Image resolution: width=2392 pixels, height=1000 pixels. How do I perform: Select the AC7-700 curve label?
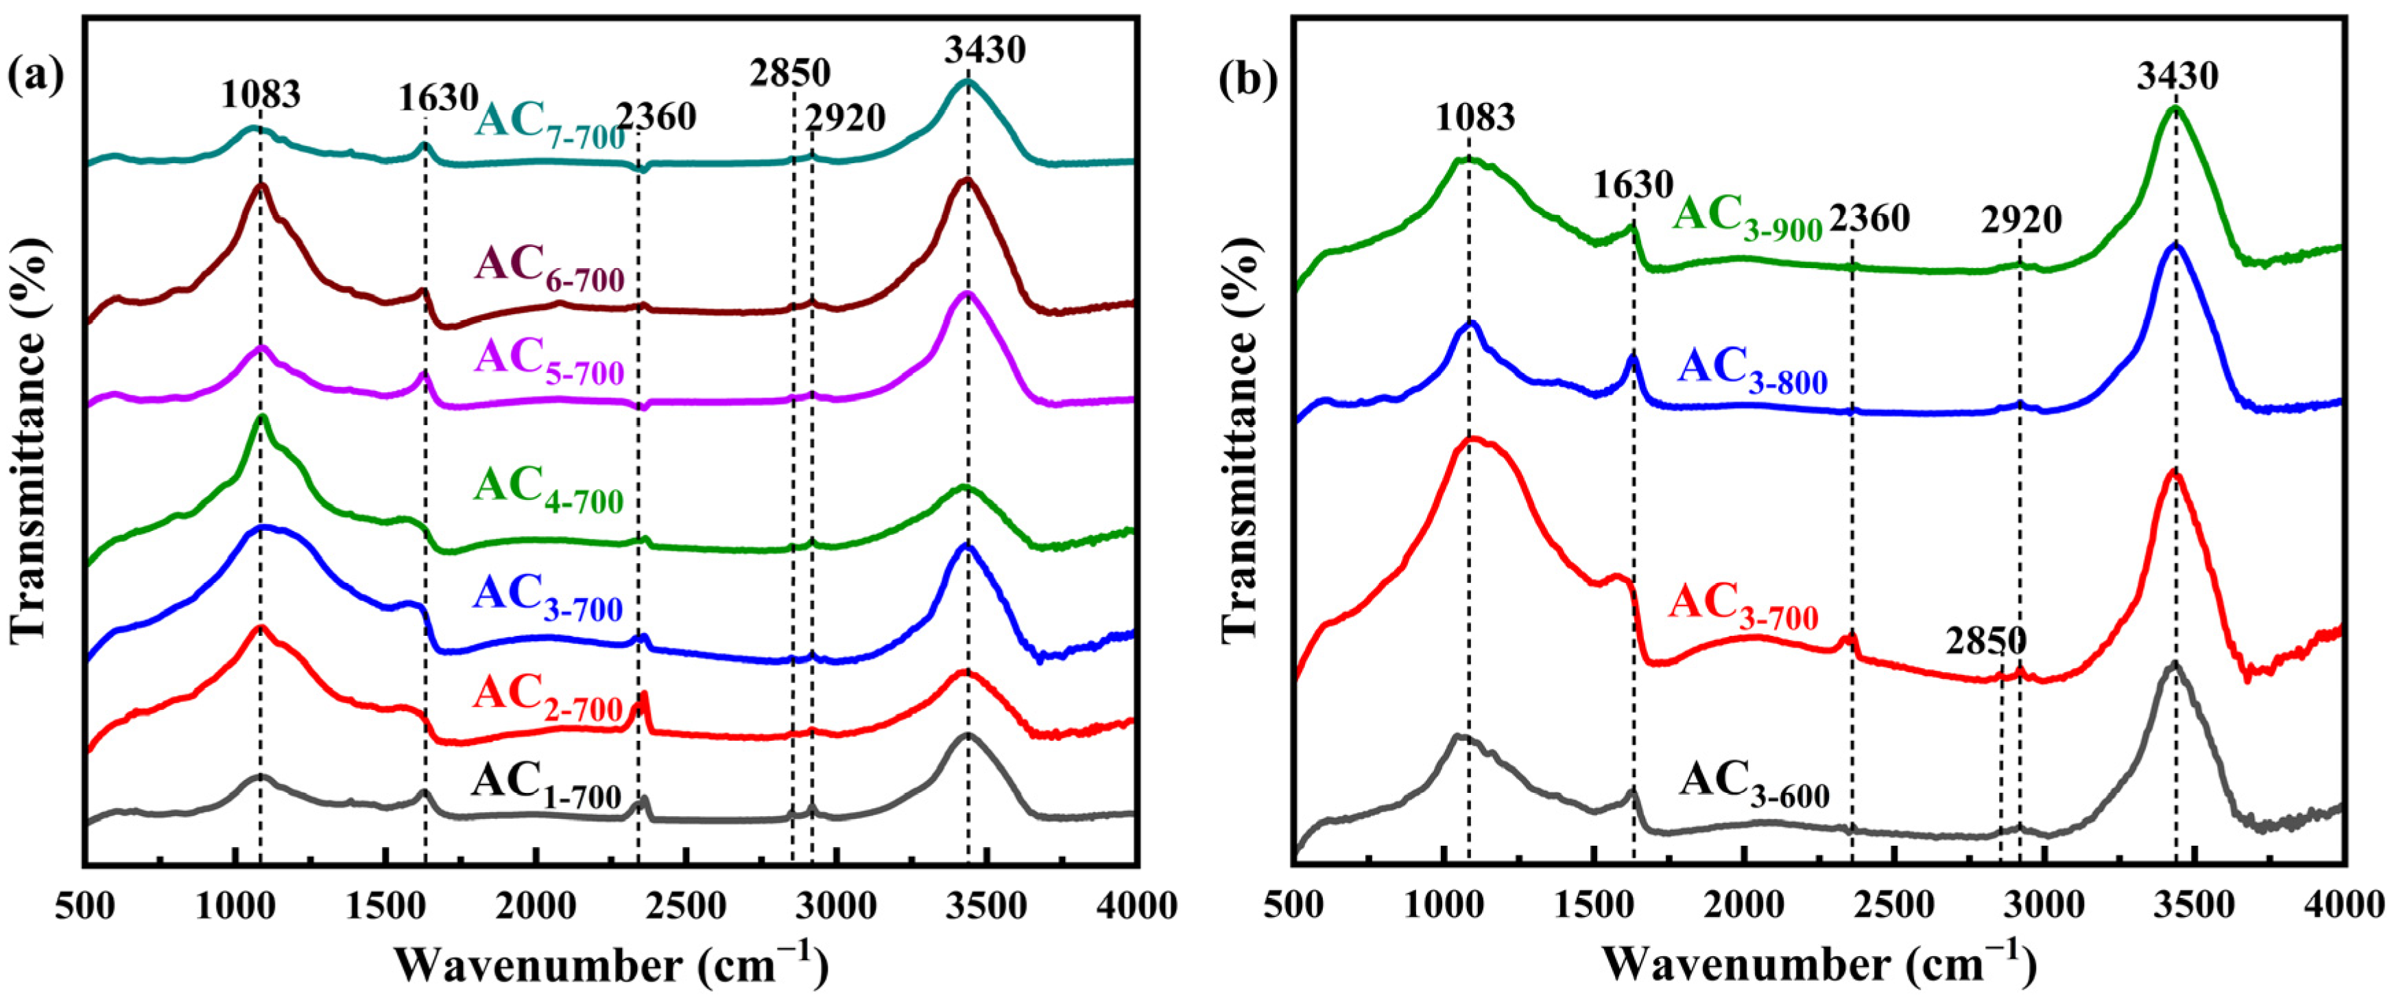(x=550, y=126)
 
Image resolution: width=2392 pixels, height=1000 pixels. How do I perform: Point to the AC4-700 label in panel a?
(x=549, y=489)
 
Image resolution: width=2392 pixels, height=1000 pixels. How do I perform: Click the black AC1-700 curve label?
(x=546, y=785)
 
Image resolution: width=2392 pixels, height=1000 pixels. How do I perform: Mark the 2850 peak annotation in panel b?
(x=1986, y=641)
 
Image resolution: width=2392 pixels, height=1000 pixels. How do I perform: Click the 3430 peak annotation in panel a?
(x=985, y=49)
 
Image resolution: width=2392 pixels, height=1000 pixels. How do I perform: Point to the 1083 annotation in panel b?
(x=1476, y=117)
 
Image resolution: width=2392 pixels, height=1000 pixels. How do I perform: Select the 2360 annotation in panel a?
(x=656, y=117)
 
